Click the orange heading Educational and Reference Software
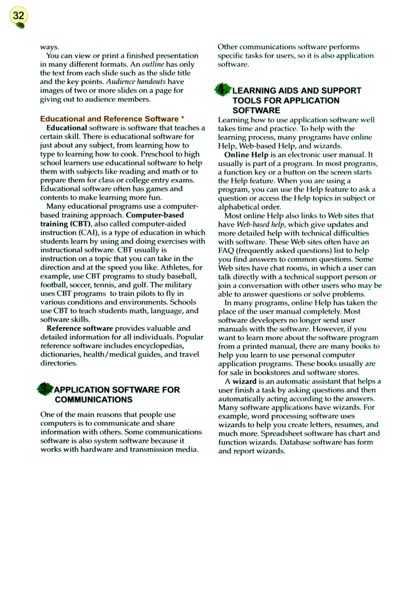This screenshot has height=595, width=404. pos(109,119)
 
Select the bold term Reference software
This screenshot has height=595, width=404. pos(80,328)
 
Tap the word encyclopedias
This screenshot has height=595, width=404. pos(163,345)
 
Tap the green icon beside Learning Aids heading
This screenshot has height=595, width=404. pos(223,90)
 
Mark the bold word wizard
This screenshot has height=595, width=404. pos(244,381)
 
